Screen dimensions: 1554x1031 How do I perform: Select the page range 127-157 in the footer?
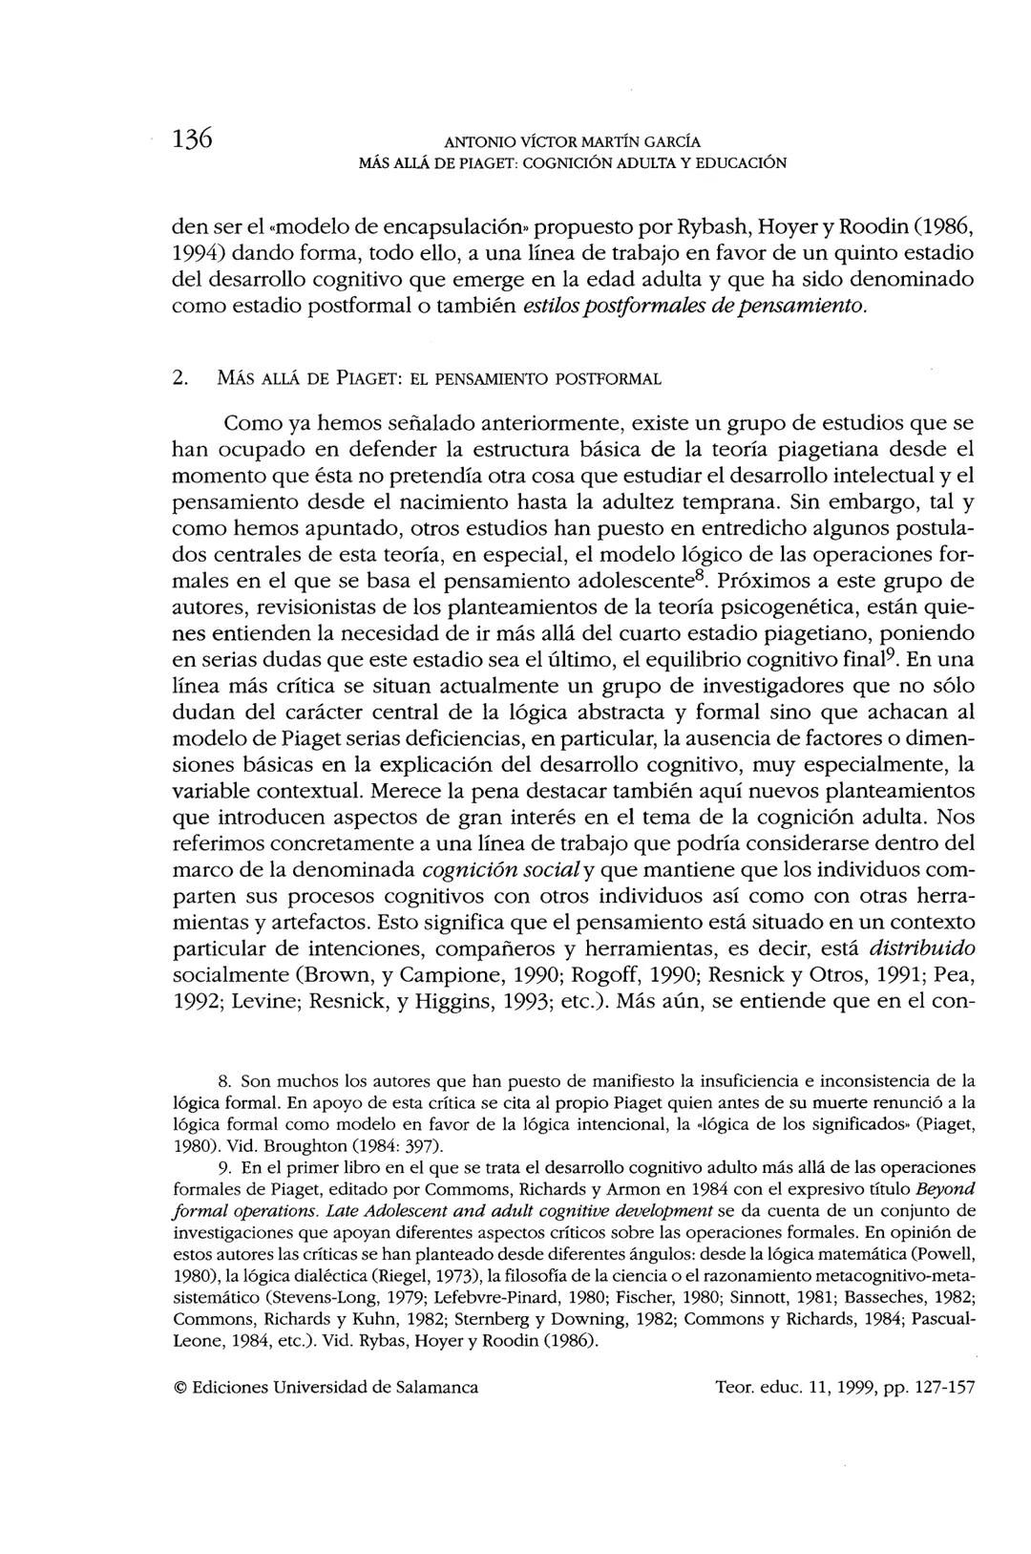941,1387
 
